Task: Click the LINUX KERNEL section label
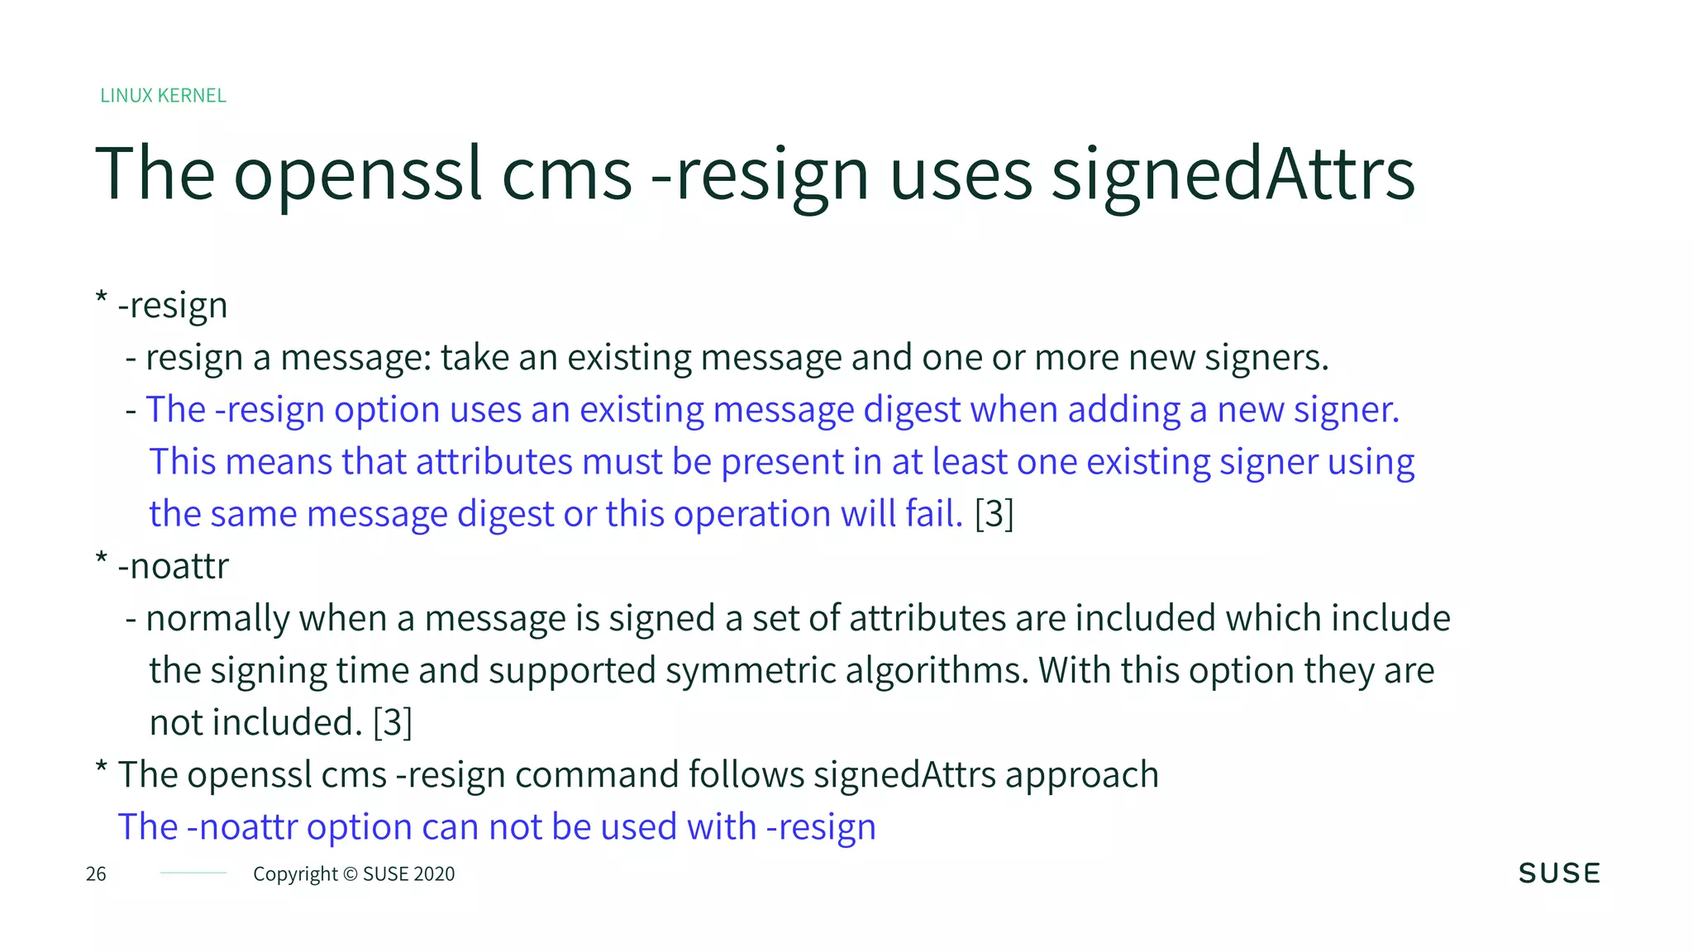163,96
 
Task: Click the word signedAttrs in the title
1233,174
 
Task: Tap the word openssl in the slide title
358,174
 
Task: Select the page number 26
96,874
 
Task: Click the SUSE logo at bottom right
1559,873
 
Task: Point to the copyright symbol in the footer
351,874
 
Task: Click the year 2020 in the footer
433,874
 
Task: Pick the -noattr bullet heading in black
173,567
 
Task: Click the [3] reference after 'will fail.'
994,514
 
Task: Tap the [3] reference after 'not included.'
392,722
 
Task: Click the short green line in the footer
193,873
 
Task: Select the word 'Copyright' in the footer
295,874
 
